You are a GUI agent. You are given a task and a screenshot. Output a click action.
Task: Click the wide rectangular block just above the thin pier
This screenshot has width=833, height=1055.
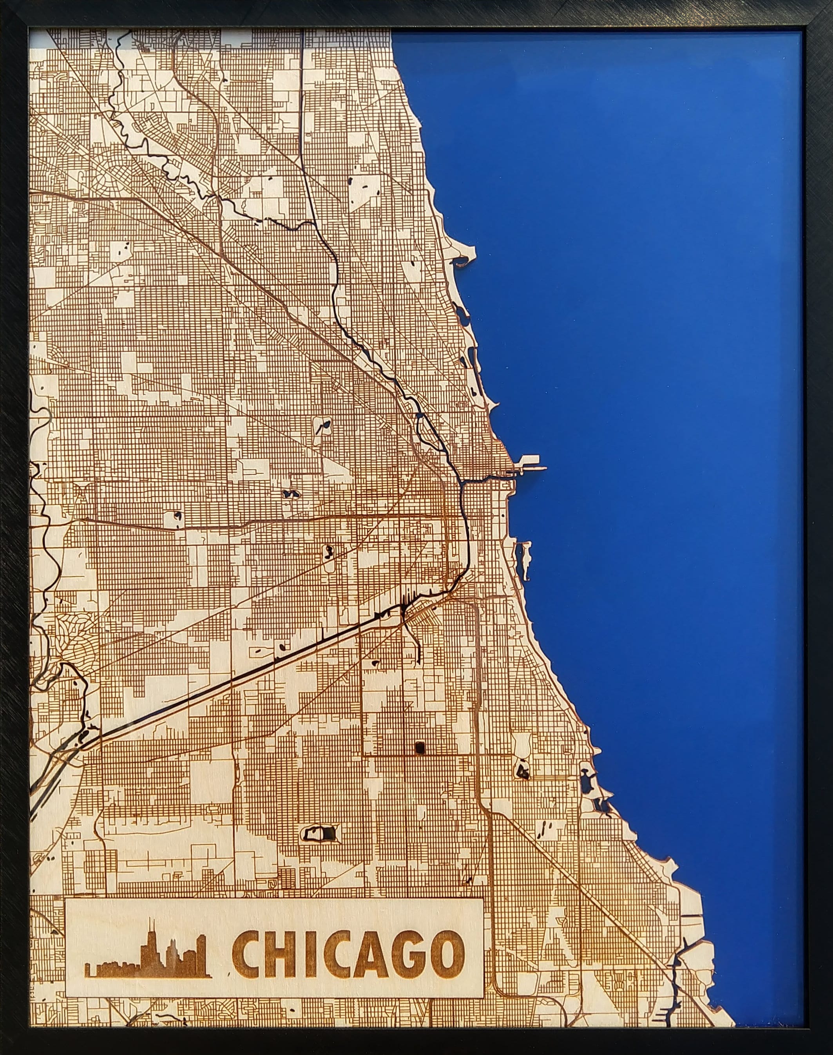529,459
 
